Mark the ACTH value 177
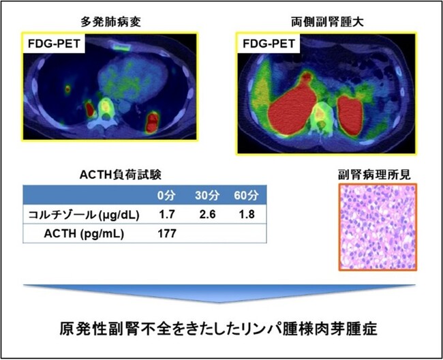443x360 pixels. point(167,234)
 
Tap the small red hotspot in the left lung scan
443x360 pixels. point(67,88)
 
